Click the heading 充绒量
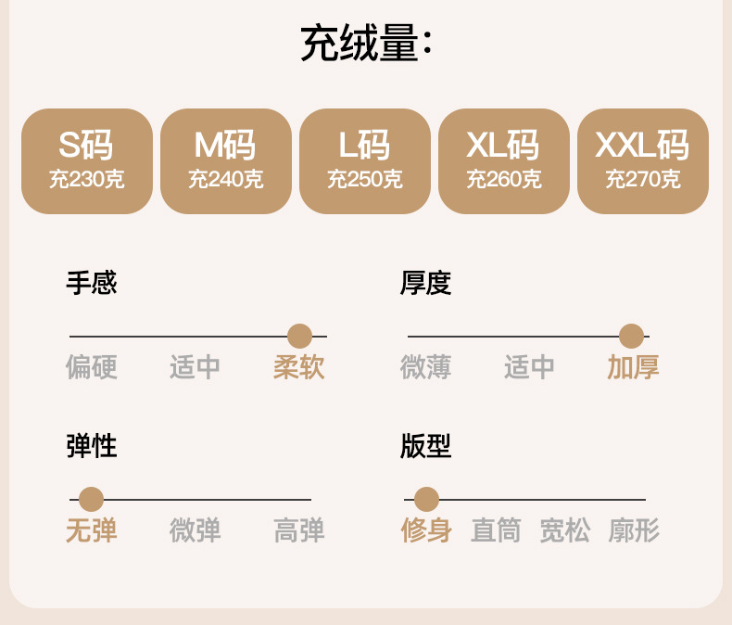[366, 44]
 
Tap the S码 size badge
[87, 161]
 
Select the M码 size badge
[226, 161]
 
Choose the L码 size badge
[365, 161]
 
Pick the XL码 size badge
[504, 161]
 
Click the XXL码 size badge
[643, 161]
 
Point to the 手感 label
[92, 283]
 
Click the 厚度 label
[426, 283]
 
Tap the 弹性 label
[92, 446]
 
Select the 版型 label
[426, 446]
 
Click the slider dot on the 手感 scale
[299, 337]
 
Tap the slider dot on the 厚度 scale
[631, 337]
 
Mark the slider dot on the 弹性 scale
[91, 500]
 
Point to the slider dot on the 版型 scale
[426, 500]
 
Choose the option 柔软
[299, 367]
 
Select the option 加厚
[633, 367]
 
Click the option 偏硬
[92, 367]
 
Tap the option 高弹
[299, 530]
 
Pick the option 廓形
[634, 530]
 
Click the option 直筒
[496, 530]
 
